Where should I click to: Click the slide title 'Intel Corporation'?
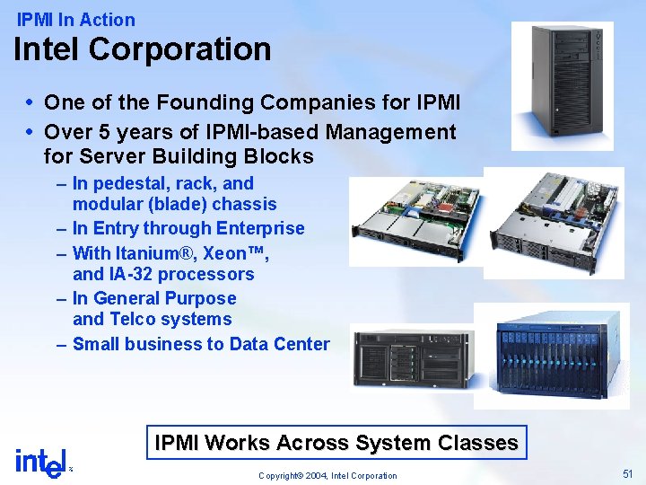point(142,48)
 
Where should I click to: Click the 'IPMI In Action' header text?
point(76,19)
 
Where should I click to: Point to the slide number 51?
point(627,472)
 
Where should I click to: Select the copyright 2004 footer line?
point(327,475)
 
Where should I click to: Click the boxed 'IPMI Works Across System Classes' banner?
point(336,443)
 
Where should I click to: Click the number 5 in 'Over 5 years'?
point(104,132)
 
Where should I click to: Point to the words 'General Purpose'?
point(166,298)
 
